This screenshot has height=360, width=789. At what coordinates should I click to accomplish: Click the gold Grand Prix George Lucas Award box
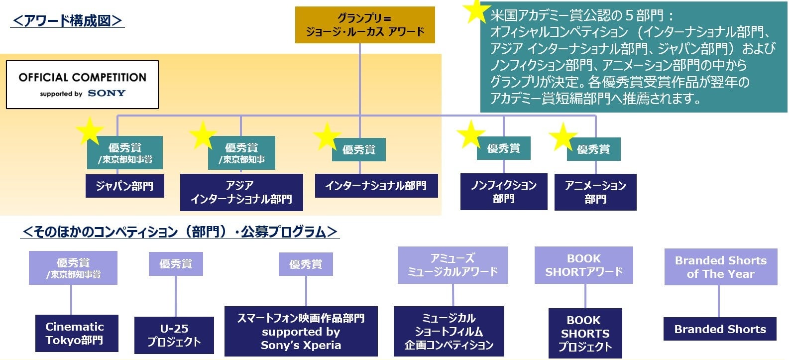tap(365, 25)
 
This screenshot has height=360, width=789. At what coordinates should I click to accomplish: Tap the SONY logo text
tap(107, 93)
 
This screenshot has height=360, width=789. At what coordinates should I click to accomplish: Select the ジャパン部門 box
tap(124, 186)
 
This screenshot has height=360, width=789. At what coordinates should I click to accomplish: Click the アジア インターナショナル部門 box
tap(241, 192)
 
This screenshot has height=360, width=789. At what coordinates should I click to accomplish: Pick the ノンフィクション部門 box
tap(504, 192)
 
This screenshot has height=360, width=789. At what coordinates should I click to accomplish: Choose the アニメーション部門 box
tap(595, 192)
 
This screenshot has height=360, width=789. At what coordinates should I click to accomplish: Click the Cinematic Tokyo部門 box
tap(77, 333)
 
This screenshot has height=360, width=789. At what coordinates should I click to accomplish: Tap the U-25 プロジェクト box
tap(174, 335)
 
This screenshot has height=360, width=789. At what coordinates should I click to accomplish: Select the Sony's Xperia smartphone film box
tap(301, 331)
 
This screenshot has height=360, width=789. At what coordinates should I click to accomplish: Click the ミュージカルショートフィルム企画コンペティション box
tap(449, 331)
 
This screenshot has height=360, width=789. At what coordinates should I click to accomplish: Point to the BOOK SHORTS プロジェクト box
tap(585, 333)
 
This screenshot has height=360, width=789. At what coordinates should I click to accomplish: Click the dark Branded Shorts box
tap(720, 329)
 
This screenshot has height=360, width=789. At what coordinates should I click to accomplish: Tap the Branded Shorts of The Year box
tap(720, 267)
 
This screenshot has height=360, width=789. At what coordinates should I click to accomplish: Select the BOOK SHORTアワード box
tap(583, 265)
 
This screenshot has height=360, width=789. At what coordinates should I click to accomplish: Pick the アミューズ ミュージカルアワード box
tap(452, 265)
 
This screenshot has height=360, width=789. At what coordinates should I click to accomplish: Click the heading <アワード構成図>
tap(67, 20)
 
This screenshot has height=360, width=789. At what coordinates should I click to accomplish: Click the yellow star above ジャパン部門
tap(90, 130)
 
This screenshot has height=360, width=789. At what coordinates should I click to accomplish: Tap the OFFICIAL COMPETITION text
tap(83, 77)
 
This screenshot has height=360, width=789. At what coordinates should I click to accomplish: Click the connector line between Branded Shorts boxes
tap(718, 301)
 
